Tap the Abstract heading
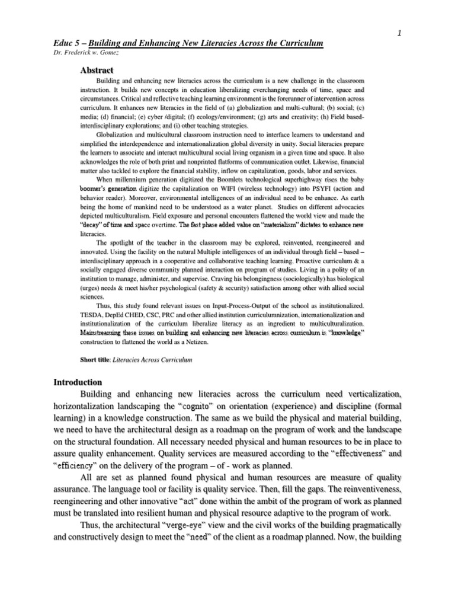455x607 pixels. click(95, 69)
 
